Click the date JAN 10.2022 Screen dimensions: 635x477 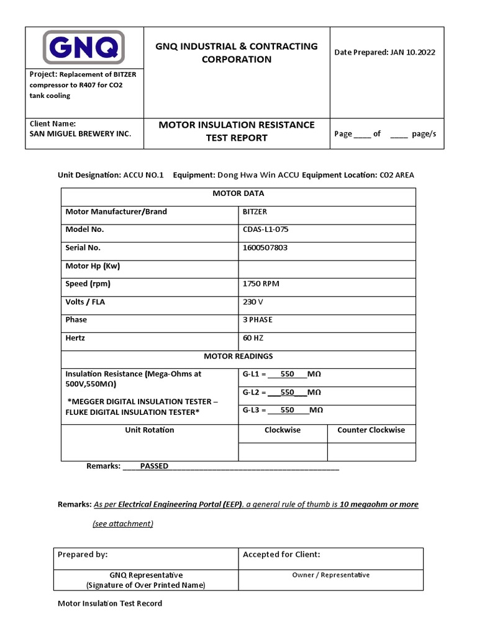pyautogui.click(x=412, y=52)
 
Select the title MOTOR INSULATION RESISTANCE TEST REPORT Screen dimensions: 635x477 pyautogui.click(x=237, y=131)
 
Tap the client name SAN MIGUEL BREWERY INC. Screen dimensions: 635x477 pyautogui.click(x=81, y=133)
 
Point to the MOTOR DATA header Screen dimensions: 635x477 pyautogui.click(x=238, y=193)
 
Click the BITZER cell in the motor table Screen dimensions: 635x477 pyautogui.click(x=255, y=211)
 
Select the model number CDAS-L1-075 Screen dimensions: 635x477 pyautogui.click(x=265, y=229)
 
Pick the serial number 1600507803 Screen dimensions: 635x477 pyautogui.click(x=265, y=247)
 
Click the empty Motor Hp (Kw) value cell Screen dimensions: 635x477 pyautogui.click(x=327, y=269)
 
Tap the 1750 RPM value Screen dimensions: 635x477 pyautogui.click(x=261, y=283)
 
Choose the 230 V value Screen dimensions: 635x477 pyautogui.click(x=253, y=302)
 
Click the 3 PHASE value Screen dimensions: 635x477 pyautogui.click(x=257, y=320)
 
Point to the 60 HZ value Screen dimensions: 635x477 pyautogui.click(x=253, y=338)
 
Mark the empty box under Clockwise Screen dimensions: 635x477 pyautogui.click(x=283, y=452)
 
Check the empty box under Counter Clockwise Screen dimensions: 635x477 pyautogui.click(x=371, y=452)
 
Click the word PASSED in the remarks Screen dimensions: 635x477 pyautogui.click(x=154, y=466)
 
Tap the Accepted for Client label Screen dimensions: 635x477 pyautogui.click(x=281, y=554)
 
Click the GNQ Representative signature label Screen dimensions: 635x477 pyautogui.click(x=146, y=575)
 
